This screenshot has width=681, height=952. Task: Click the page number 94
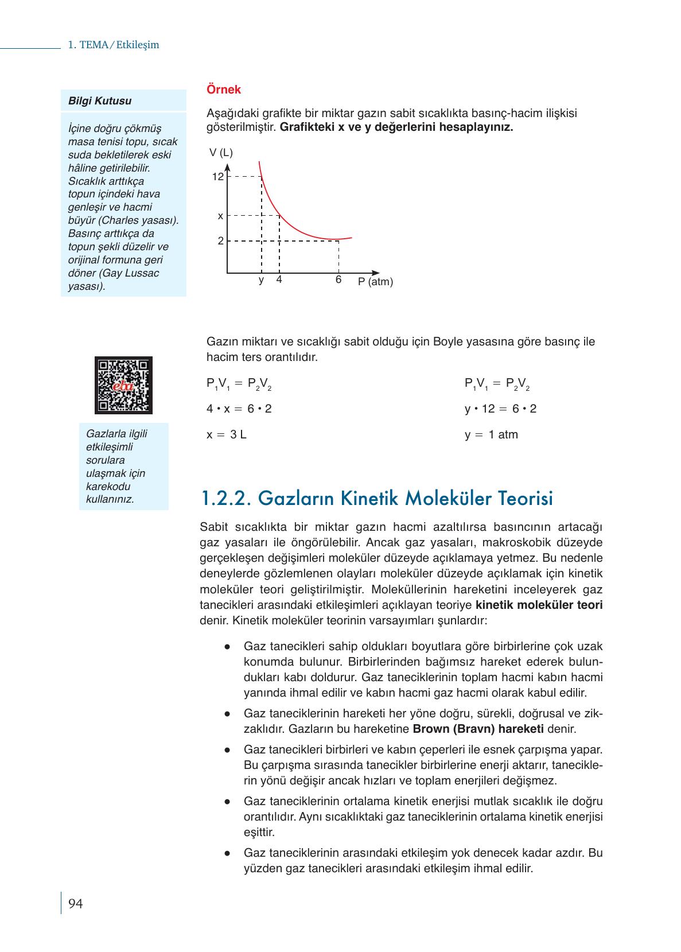click(x=75, y=904)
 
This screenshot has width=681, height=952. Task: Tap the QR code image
click(x=123, y=385)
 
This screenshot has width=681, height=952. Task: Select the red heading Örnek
click(x=224, y=90)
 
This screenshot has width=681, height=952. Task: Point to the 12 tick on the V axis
click(x=217, y=177)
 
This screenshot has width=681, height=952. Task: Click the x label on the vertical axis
click(x=220, y=216)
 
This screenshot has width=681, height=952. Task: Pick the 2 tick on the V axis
click(x=220, y=241)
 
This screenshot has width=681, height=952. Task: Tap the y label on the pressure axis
click(x=261, y=280)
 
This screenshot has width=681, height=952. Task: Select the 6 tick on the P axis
click(x=338, y=280)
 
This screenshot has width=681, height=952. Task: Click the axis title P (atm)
click(x=376, y=282)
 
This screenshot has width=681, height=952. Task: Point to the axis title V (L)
click(x=221, y=153)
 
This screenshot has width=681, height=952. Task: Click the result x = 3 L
click(x=227, y=434)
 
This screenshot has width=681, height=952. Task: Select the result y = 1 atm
click(x=491, y=434)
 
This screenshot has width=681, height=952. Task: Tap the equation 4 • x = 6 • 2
click(x=239, y=409)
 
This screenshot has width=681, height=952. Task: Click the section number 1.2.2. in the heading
click(x=227, y=498)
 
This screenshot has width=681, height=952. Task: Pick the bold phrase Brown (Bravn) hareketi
click(x=478, y=729)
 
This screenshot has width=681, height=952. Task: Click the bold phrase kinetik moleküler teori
click(x=539, y=605)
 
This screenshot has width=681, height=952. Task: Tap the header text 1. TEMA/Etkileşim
click(x=113, y=45)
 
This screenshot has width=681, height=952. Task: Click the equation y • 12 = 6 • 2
click(x=500, y=409)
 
